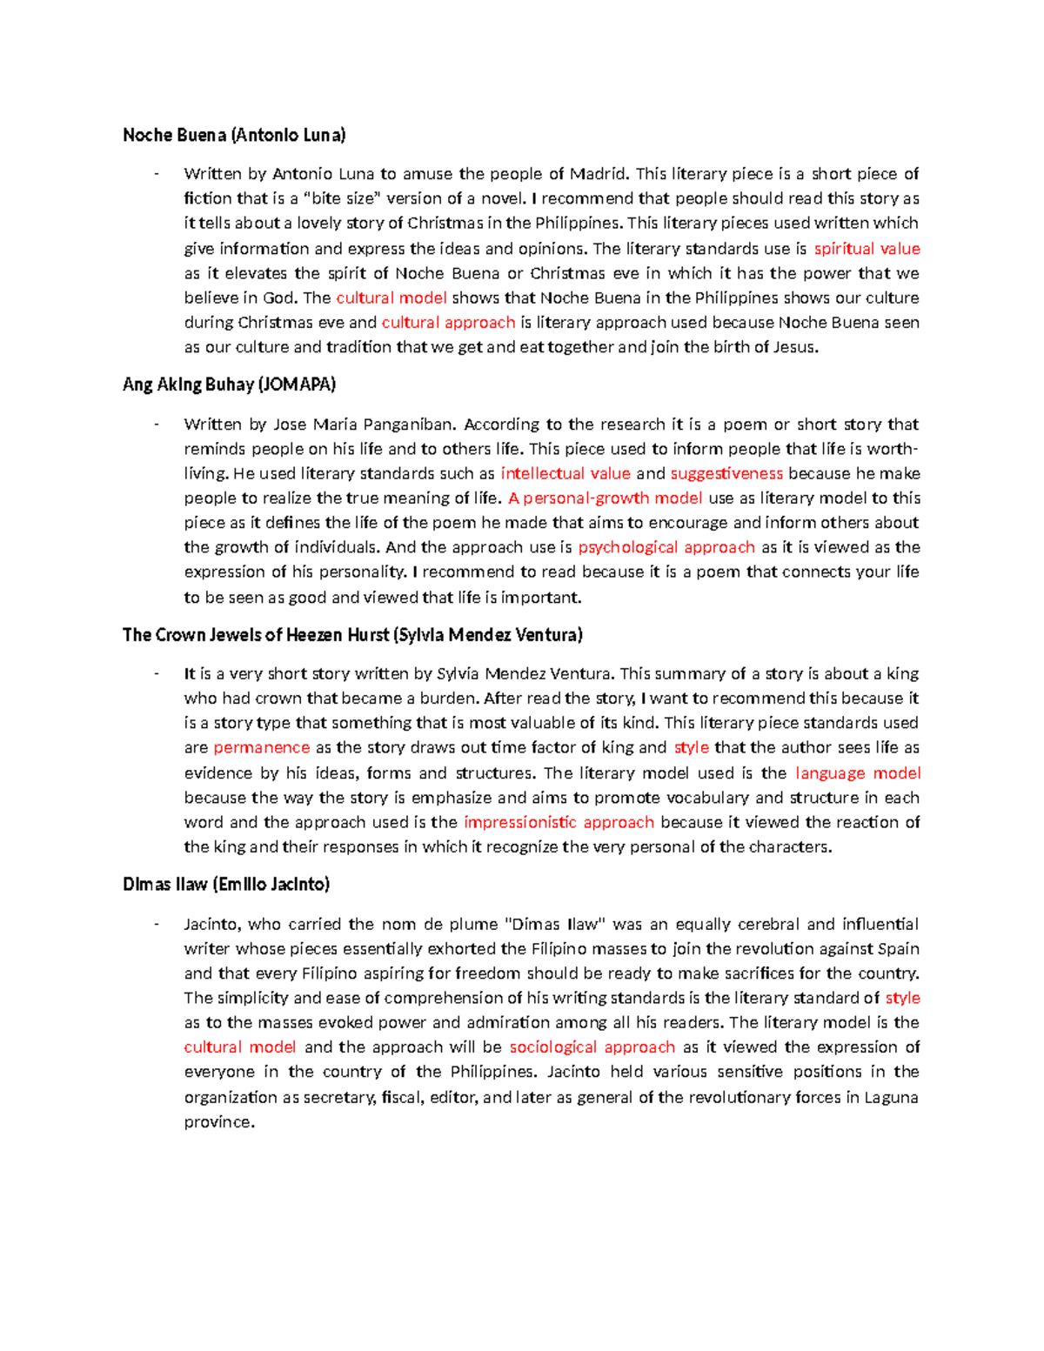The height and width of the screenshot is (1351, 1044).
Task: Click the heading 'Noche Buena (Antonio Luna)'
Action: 234,135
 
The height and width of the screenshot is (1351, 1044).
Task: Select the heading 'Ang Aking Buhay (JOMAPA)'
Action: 229,385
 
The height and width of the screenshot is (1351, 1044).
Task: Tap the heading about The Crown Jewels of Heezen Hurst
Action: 352,635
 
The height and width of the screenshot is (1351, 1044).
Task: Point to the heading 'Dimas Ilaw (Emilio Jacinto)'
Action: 226,885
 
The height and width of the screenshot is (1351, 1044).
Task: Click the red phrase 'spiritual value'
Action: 867,249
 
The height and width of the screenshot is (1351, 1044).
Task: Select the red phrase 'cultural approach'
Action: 448,323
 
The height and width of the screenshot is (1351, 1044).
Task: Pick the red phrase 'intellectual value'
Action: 565,474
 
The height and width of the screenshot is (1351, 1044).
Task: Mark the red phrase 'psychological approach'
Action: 666,547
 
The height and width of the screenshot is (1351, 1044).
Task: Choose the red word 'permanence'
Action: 261,748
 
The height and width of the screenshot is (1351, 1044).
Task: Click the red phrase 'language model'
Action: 858,773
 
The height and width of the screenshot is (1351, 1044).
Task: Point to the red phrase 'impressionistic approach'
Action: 559,822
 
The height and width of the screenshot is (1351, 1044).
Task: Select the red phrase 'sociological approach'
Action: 592,1047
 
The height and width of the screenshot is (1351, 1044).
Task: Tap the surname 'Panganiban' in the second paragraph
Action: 411,425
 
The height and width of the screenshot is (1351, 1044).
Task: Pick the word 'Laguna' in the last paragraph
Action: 891,1098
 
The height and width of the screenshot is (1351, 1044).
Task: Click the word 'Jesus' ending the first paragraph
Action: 795,348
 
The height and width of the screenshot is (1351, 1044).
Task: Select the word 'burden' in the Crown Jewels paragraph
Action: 449,699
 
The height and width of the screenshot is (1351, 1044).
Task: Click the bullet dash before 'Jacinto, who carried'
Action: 156,924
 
